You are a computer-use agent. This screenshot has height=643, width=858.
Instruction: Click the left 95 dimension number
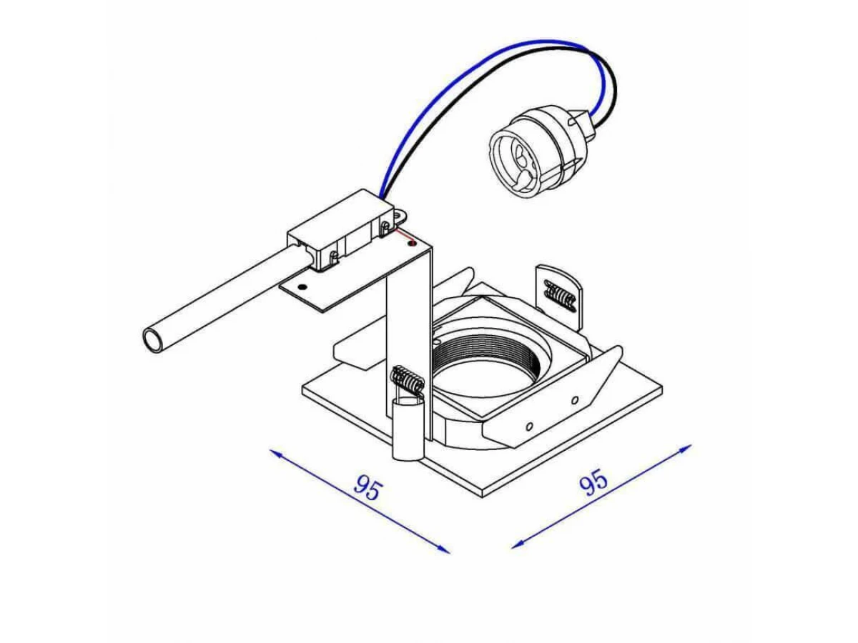tap(367, 489)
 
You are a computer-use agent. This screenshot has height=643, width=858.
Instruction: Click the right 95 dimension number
tap(593, 484)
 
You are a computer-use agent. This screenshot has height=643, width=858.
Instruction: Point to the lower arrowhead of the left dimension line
tap(444, 549)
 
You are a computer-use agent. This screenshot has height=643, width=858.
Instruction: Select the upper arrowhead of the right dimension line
tap(685, 448)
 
